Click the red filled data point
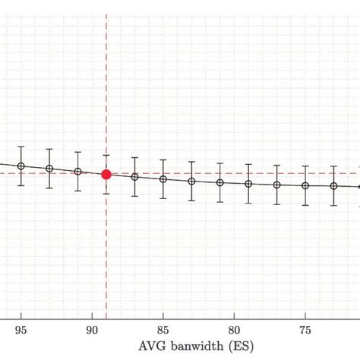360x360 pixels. tap(106, 174)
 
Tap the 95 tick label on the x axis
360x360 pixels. tap(21, 330)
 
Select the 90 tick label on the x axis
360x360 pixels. tap(92, 330)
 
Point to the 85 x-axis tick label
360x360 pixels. tap(163, 330)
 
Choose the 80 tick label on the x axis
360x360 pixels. tap(234, 330)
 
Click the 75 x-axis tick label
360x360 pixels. tap(305, 330)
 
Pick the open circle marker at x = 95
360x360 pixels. tap(21, 166)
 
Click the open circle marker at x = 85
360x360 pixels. tap(163, 179)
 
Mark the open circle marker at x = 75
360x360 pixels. tap(305, 185)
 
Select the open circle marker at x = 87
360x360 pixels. tap(135, 177)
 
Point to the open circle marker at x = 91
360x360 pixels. tap(78, 172)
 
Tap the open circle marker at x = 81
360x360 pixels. tap(220, 183)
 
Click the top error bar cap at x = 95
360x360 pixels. tap(21, 147)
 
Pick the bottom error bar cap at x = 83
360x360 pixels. tap(191, 201)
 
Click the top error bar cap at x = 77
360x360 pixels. tap(277, 165)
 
